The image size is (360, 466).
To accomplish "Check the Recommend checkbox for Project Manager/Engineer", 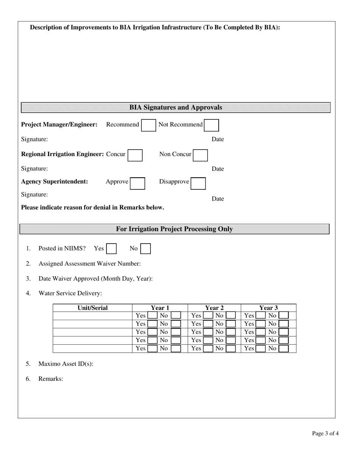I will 148,125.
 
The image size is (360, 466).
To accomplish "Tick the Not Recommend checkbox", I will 211,125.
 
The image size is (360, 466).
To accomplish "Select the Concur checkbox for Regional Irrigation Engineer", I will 135,155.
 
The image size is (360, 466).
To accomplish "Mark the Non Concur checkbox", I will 200,155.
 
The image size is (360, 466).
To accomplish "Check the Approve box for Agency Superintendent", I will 138,183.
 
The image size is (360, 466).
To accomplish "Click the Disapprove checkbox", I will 198,183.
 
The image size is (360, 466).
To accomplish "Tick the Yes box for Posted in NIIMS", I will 111,249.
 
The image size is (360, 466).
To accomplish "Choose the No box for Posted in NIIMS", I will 146,249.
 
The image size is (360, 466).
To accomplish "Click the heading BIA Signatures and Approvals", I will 176,108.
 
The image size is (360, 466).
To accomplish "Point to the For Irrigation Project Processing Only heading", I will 174,229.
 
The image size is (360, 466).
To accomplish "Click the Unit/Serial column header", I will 92,308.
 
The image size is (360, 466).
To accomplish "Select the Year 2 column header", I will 214,308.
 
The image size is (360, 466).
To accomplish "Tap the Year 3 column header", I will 268,308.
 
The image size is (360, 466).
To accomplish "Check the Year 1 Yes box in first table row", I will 152,315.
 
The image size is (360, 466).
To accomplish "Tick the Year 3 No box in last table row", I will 283,349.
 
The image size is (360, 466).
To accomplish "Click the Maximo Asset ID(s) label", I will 66,364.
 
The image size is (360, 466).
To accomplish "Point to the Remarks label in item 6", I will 50,379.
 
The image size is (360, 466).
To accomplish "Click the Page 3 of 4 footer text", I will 325,433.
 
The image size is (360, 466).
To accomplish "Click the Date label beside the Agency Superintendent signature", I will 218,199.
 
